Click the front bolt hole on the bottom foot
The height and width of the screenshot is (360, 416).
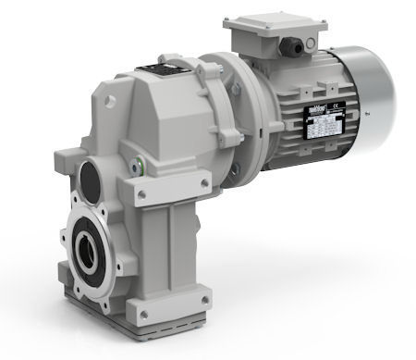(x=161, y=326)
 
